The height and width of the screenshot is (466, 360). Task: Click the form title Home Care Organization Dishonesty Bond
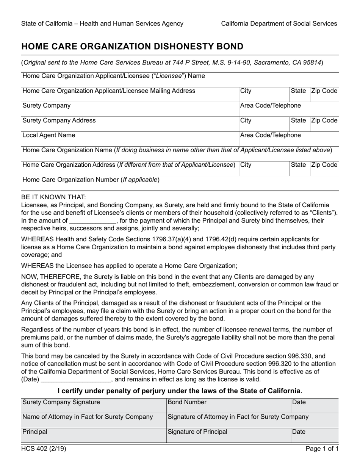point(132,47)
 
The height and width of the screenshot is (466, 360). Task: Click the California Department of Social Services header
point(279,23)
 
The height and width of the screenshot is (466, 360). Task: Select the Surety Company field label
point(47,106)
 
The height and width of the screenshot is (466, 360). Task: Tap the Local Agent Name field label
point(49,135)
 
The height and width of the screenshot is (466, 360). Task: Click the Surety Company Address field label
point(59,120)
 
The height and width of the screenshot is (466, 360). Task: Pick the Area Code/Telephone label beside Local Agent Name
point(271,135)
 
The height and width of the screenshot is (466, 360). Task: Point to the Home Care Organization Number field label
point(91,180)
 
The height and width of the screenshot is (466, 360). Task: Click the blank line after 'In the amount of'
point(93,221)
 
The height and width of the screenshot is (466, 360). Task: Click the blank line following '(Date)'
point(75,379)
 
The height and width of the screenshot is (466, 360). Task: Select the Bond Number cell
point(229,405)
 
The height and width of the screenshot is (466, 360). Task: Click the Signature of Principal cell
point(229,435)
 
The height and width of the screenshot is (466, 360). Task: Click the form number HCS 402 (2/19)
point(44,449)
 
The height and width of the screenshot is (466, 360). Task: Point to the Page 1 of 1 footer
point(322,449)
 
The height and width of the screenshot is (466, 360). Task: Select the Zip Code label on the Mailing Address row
point(324,91)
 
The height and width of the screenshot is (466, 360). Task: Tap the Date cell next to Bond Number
point(315,405)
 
